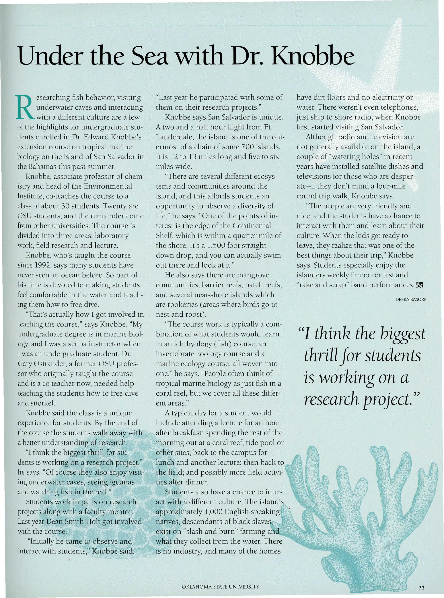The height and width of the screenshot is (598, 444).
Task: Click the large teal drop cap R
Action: [25, 108]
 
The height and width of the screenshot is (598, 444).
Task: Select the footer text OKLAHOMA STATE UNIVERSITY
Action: [220, 587]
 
